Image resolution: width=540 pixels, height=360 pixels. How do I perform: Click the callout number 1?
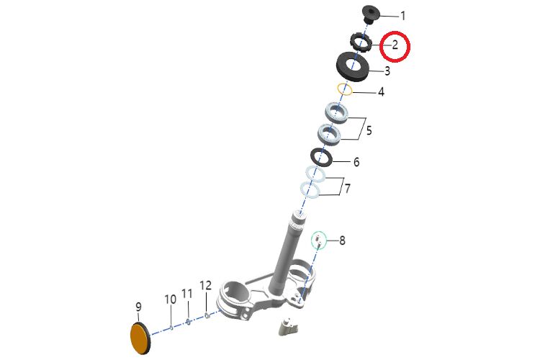(x=402, y=16)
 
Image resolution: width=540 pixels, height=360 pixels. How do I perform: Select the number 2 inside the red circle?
(x=395, y=45)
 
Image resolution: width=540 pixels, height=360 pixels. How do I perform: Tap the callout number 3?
(x=387, y=71)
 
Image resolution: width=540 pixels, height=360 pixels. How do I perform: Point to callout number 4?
(x=381, y=92)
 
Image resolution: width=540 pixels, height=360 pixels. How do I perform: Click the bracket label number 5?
(x=369, y=130)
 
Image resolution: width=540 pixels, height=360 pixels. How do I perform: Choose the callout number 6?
(x=356, y=162)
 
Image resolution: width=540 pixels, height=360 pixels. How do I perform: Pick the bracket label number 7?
(x=348, y=189)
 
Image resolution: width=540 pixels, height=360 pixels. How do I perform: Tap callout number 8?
(x=342, y=240)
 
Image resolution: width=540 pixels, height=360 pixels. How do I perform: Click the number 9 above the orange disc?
(x=138, y=307)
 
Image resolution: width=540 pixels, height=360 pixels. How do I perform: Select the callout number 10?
(x=170, y=299)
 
